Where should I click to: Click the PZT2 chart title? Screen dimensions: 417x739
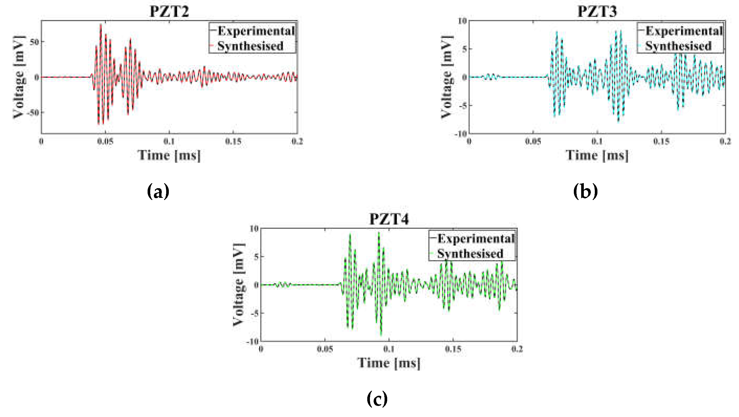tap(169, 12)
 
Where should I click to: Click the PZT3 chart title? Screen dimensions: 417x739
tap(597, 12)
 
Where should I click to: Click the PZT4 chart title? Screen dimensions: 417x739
tap(389, 219)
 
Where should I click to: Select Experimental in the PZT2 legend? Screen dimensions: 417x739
tap(256, 31)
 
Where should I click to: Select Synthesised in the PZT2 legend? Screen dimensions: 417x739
tap(250, 46)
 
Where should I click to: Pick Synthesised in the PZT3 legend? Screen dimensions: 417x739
tap(678, 46)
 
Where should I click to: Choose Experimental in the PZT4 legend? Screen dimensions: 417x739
tap(476, 238)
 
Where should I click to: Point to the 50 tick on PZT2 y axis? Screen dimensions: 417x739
tap(34, 42)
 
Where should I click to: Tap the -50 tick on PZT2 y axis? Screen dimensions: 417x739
tap(33, 113)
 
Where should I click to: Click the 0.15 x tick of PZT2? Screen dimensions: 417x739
tap(233, 141)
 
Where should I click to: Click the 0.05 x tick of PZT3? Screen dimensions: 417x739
tap(533, 141)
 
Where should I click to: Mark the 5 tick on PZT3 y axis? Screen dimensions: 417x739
tap(465, 49)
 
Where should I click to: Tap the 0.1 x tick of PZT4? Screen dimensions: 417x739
tap(389, 349)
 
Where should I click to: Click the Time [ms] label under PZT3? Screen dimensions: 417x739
tap(597, 155)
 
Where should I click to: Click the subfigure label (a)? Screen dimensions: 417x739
tap(158, 191)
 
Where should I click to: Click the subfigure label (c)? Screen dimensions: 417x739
tap(377, 399)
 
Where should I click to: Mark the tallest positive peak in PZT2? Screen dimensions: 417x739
tap(101, 25)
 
